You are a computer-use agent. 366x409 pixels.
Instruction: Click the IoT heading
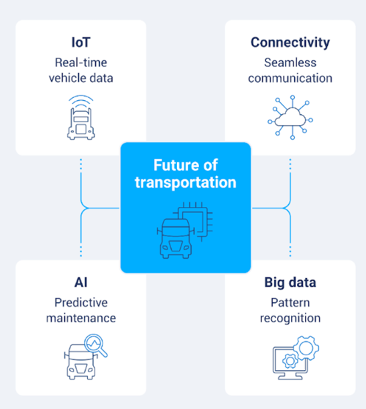(x=81, y=42)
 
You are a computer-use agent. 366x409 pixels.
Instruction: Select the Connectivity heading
(x=290, y=42)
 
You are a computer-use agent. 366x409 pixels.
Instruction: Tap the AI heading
(x=81, y=282)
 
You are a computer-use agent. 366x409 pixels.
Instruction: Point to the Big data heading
(x=290, y=283)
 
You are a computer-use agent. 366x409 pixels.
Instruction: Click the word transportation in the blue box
(x=186, y=183)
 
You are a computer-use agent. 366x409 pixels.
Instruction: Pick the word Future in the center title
(x=175, y=165)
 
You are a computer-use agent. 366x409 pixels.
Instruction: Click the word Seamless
(x=290, y=62)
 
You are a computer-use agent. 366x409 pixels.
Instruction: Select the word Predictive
(x=81, y=303)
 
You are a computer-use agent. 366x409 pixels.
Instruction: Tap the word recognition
(x=290, y=319)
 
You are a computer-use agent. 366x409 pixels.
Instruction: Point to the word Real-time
(x=81, y=62)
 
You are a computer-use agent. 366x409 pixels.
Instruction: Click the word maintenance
(x=81, y=318)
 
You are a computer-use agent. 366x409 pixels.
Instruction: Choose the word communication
(x=290, y=79)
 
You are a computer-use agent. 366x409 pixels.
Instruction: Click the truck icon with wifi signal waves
(x=81, y=118)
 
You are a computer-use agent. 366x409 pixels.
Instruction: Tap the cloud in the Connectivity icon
(x=290, y=118)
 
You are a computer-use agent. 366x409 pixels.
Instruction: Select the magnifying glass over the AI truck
(x=96, y=345)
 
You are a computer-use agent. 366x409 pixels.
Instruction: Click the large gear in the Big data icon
(x=306, y=348)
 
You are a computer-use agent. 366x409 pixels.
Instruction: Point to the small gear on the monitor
(x=290, y=361)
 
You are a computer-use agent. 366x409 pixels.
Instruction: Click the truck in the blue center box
(x=175, y=238)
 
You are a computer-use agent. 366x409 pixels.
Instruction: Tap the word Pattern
(x=290, y=303)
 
